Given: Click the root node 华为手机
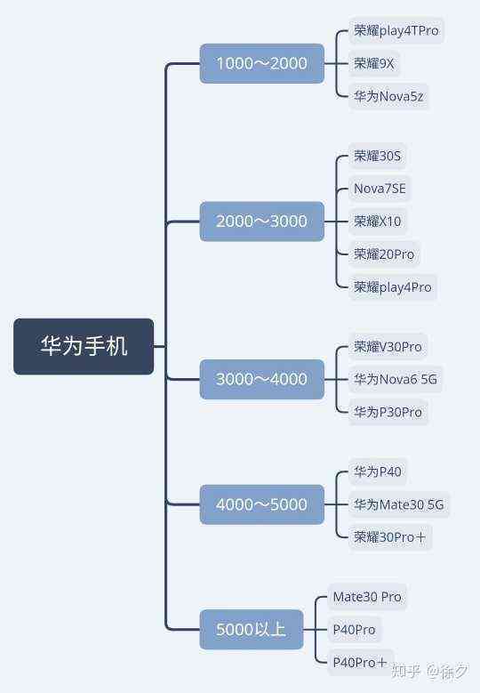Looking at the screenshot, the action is pos(84,346).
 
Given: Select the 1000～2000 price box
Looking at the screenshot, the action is pos(262,63).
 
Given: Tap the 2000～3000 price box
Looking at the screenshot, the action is pos(262,221).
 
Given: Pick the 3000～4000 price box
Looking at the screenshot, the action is pos(262,379).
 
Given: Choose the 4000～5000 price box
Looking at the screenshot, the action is pos(262,504).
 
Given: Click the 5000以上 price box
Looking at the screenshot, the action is pos(252,629).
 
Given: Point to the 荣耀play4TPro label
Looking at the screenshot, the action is pos(396,30).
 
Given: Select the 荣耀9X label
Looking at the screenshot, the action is pos(373,64).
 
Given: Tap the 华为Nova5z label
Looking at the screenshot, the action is pos(388,96).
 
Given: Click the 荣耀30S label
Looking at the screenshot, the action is pos(377,156).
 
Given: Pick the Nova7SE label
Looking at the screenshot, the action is pos(380,189).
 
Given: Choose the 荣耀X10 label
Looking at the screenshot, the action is pos(378,221).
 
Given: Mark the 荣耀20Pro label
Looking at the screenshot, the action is pos(384,254).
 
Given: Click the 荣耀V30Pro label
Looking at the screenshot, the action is pos(388,347).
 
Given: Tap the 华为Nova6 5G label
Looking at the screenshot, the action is pos(396,379).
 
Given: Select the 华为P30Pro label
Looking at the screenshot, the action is pos(388,413).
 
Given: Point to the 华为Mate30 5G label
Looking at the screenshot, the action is pos(399,504).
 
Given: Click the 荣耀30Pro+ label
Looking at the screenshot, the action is pos(390,537).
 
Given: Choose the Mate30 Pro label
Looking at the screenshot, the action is pos(367,597).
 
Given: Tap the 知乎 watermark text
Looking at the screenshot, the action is pos(405,672).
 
